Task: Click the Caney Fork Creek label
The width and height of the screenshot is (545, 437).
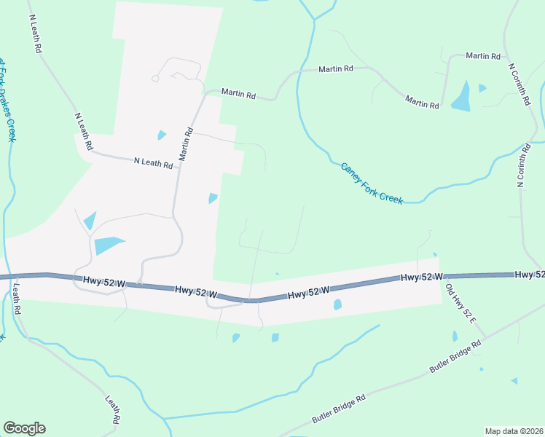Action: pos(372,184)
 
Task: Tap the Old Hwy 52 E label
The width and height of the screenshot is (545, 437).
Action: pos(460,304)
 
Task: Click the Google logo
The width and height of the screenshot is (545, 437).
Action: pos(24,428)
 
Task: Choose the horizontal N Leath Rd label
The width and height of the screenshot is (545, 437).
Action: pos(153,163)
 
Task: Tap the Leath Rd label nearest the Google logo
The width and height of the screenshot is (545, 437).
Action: pos(112,411)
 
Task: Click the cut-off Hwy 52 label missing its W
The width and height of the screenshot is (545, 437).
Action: pos(529,274)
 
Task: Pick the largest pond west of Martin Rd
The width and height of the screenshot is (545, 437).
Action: pos(108,245)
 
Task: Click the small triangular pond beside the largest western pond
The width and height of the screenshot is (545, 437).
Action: pos(90,220)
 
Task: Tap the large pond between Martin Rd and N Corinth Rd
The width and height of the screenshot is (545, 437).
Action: pos(461,96)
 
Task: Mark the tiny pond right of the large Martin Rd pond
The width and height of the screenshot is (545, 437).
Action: pos(482,88)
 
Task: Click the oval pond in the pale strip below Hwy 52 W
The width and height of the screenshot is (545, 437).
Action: pos(337,304)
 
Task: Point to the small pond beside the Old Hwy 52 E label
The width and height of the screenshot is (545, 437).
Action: pos(455,336)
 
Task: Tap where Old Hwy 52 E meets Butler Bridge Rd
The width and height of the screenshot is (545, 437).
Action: pos(486,337)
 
